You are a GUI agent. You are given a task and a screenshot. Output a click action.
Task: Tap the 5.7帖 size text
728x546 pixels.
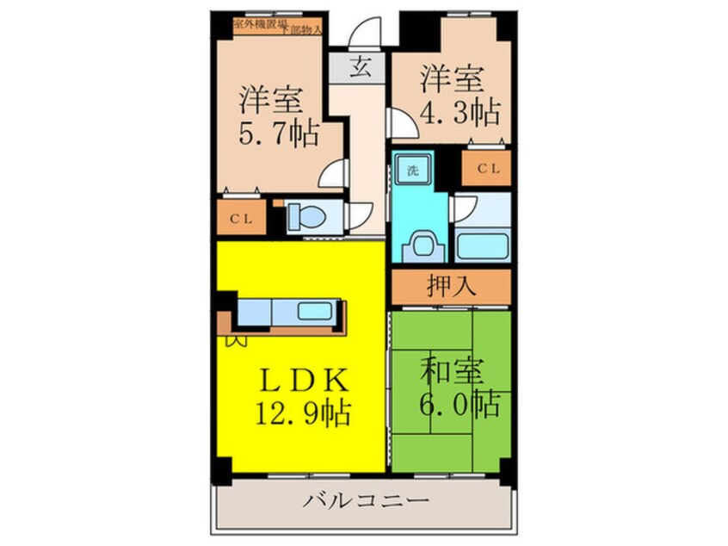click(278, 134)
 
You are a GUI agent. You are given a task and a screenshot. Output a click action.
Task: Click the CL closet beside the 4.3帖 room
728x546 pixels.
click(486, 169)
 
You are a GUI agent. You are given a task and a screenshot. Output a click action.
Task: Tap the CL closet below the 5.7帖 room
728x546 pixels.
click(240, 219)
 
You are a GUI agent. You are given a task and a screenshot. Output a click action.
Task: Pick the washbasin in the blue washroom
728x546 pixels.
click(421, 245)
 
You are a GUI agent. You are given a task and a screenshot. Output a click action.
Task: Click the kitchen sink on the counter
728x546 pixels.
click(320, 310)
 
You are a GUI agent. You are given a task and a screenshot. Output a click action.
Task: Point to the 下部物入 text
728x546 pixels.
click(305, 30)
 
